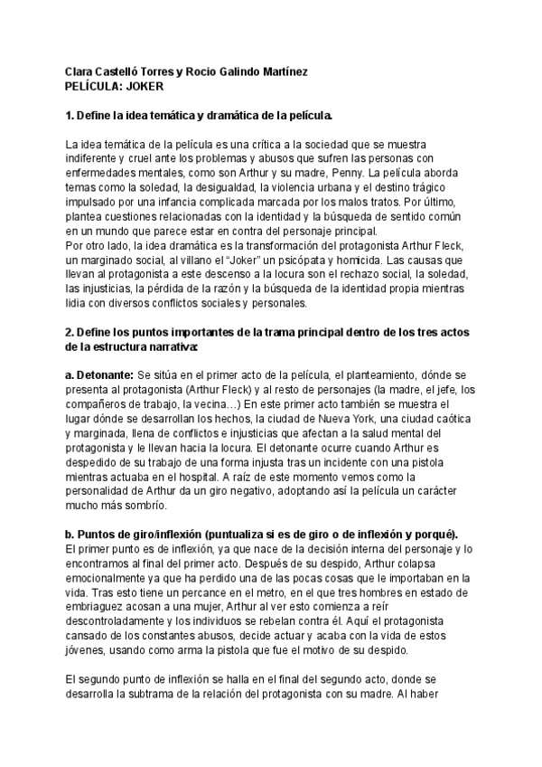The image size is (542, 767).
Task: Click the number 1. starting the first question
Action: pos(71,116)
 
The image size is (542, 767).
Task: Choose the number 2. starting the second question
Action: pos(71,332)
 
